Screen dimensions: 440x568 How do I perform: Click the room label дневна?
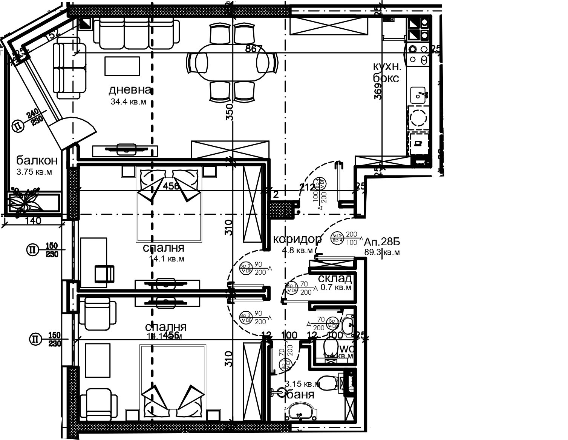(130, 90)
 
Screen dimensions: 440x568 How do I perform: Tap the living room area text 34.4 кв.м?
(128, 102)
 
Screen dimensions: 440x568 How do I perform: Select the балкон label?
(37, 160)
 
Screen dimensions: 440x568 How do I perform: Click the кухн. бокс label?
(386, 72)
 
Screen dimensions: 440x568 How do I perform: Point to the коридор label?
(297, 239)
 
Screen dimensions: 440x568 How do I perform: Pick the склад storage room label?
(335, 279)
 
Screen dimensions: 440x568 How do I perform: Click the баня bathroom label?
(301, 395)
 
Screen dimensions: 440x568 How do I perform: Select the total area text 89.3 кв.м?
(382, 252)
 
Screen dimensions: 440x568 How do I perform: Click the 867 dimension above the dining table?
(253, 49)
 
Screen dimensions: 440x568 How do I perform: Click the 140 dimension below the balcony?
(34, 221)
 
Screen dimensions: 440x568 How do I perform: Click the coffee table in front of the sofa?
(122, 66)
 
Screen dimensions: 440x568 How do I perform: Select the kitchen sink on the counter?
(418, 95)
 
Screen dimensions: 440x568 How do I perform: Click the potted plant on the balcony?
(24, 200)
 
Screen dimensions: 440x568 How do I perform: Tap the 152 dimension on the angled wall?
(52, 36)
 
